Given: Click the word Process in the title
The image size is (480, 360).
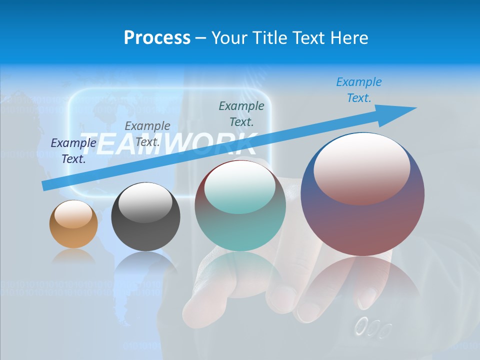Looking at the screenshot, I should point(157,38).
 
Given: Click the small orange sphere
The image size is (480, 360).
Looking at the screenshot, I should point(73,224).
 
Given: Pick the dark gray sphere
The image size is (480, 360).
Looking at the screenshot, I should point(145,216).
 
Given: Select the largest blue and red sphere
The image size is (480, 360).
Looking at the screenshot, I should point(362,194).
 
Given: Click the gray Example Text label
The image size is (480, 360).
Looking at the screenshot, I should point(147,133).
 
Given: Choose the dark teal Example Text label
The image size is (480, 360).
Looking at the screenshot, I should point(241,113).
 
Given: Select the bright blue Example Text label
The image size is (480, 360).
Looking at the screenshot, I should point(359,89).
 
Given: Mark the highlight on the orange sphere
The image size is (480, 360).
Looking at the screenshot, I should point(73,214).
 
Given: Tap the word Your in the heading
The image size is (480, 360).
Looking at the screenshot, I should point(229,38).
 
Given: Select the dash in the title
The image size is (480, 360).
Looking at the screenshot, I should point(200,38).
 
